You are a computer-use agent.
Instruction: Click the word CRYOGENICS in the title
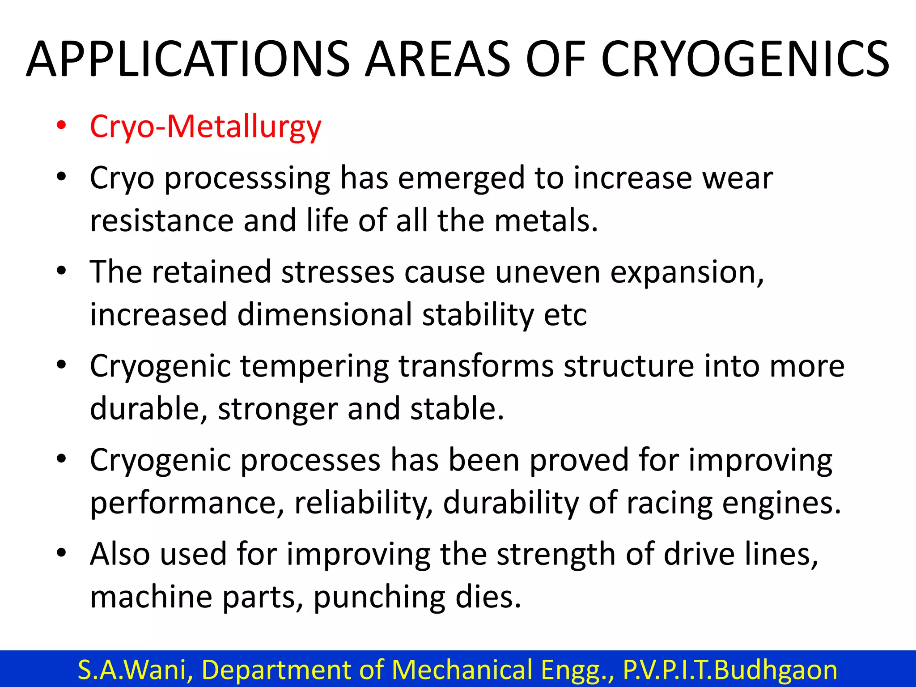click(745, 59)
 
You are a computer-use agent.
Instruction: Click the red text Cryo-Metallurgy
click(205, 127)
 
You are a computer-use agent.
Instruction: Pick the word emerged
click(461, 178)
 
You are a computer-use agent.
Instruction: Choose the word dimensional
click(325, 314)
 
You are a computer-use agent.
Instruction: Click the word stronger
click(277, 409)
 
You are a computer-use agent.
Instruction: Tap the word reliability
click(363, 503)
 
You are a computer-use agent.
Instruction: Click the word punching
click(379, 598)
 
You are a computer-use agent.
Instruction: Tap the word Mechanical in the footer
click(461, 670)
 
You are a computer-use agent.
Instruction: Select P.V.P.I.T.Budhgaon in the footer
click(730, 670)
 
